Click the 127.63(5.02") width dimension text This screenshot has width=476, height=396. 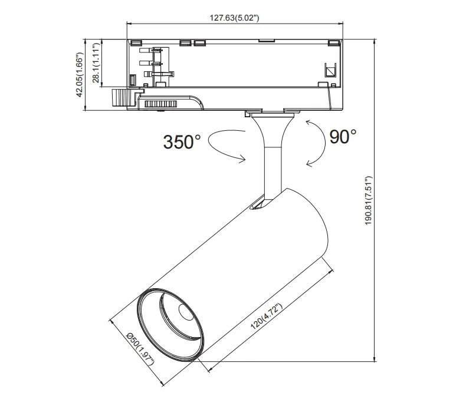(x=234, y=18)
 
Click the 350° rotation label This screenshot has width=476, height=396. (x=182, y=142)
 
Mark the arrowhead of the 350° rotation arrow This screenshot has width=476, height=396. (x=242, y=157)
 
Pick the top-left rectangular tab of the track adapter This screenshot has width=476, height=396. (x=135, y=42)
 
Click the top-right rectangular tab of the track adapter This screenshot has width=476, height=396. (x=334, y=42)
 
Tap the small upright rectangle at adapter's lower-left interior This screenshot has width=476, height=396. (x=133, y=79)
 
